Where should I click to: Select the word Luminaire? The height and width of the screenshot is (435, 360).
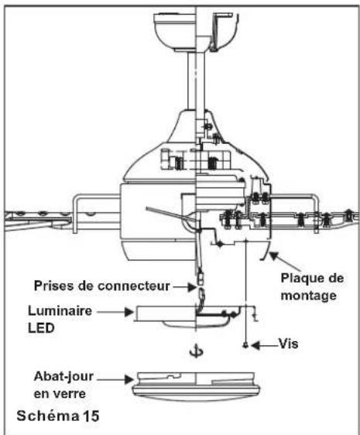[x=60, y=311]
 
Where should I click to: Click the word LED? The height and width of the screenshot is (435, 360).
[x=41, y=328]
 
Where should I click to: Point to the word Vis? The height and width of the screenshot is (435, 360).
[x=289, y=344]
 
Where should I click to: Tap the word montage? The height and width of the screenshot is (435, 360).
[x=309, y=296]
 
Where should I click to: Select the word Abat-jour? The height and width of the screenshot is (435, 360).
[x=63, y=377]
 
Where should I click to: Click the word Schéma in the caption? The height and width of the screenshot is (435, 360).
[x=47, y=416]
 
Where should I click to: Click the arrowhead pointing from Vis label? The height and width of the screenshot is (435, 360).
[x=255, y=345]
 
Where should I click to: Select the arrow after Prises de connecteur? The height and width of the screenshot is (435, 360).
[x=185, y=287]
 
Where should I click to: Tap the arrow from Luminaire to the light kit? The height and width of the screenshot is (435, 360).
[x=115, y=312]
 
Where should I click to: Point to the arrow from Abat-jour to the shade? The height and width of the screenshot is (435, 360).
[x=115, y=379]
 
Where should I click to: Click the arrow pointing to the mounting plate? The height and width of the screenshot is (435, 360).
[x=285, y=261]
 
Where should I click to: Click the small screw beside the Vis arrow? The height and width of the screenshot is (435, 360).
[x=245, y=345]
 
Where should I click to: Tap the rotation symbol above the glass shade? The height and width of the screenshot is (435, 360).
[x=196, y=351]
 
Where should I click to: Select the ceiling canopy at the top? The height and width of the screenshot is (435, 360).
[x=197, y=32]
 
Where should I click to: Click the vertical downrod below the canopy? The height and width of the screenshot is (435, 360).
[x=196, y=81]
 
